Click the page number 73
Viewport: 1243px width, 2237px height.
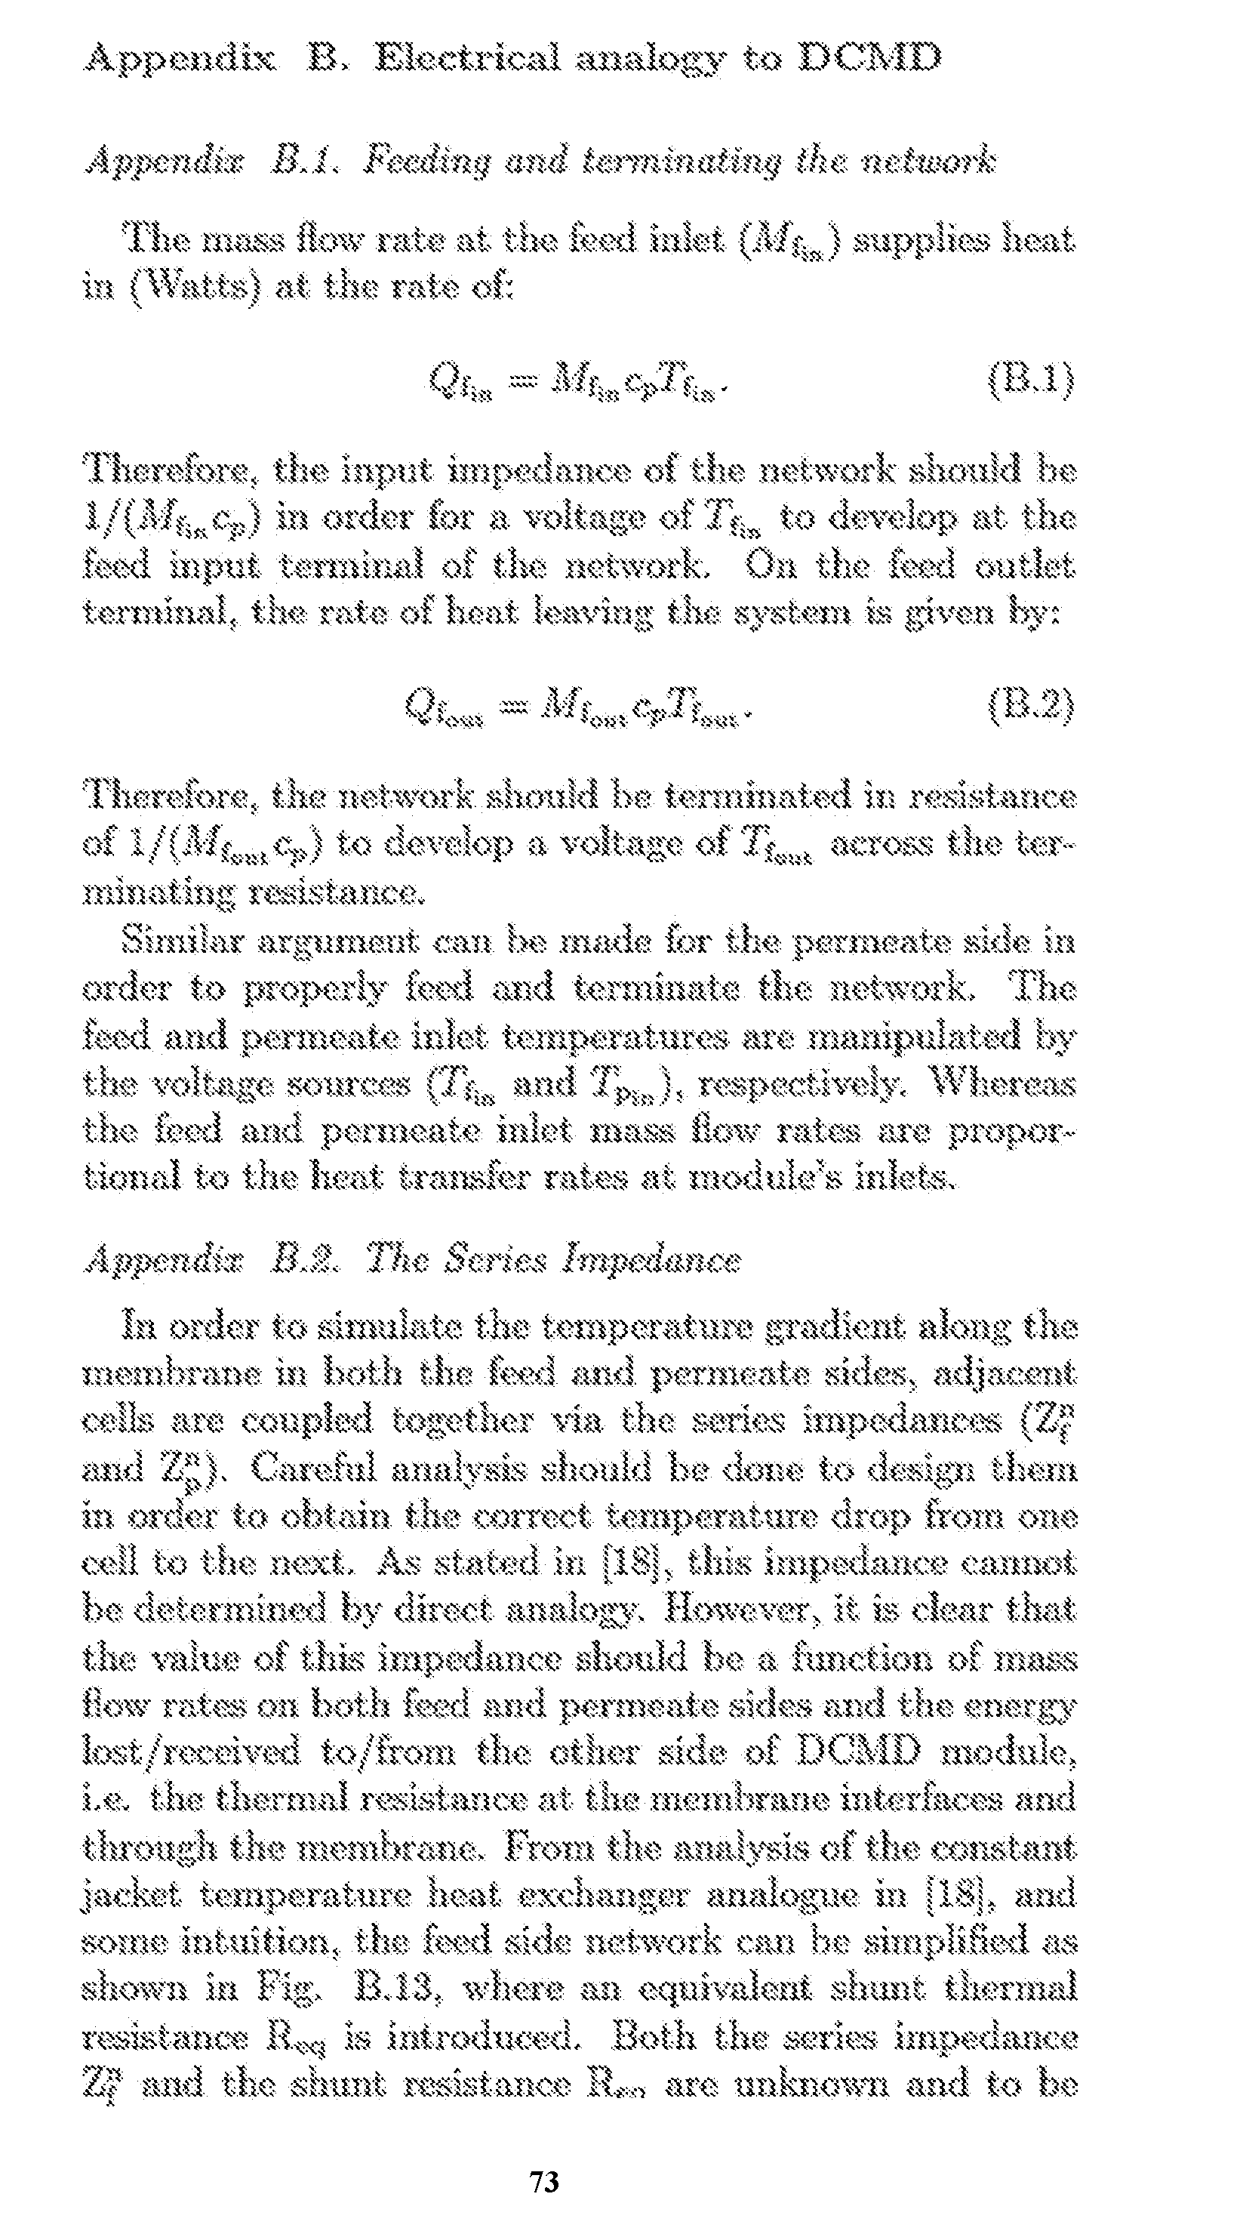click(544, 2180)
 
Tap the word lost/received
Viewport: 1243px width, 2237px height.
click(190, 1752)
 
